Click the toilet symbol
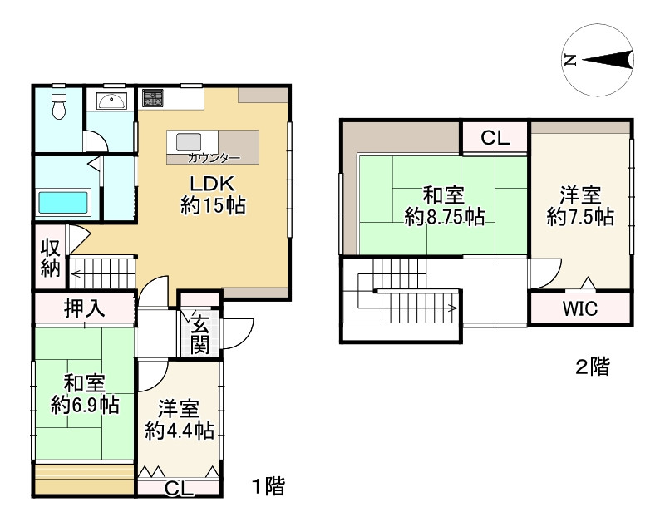point(58,106)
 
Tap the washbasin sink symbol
point(111,101)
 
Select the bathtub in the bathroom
point(63,203)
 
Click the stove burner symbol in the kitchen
point(153,98)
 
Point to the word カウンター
point(214,158)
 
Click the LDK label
point(212,184)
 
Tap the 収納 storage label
point(51,258)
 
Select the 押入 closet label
point(85,308)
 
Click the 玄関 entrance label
point(199,332)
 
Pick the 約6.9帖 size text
point(85,405)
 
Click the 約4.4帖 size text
point(180,431)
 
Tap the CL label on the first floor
point(179,489)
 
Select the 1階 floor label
point(268,486)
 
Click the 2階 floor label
point(593,367)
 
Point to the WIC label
point(580,308)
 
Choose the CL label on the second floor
point(495,137)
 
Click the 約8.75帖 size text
point(445,217)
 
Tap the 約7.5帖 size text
point(580,217)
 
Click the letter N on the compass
point(570,61)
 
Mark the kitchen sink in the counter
point(189,141)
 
